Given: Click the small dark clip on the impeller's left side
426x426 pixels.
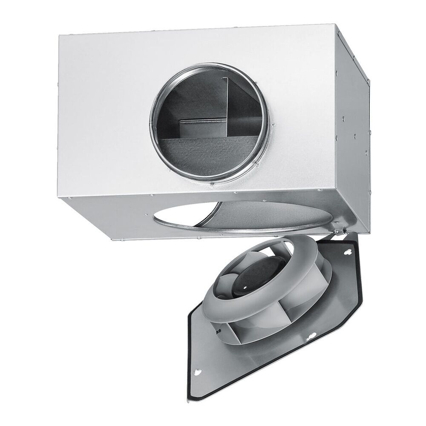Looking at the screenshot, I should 218,331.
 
